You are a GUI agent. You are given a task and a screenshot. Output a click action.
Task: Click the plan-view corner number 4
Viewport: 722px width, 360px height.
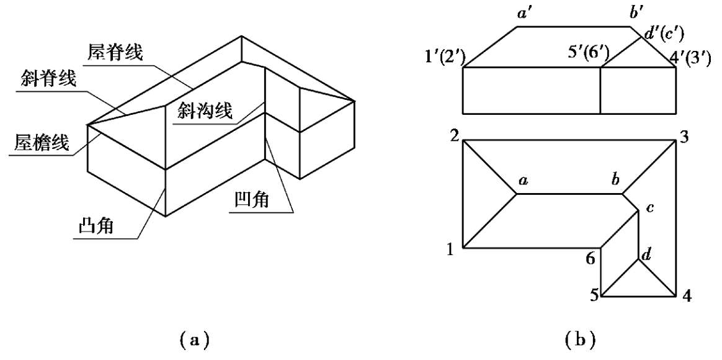(x=687, y=296)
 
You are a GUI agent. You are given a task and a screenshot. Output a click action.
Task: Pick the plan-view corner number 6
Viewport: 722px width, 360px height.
(x=591, y=259)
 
